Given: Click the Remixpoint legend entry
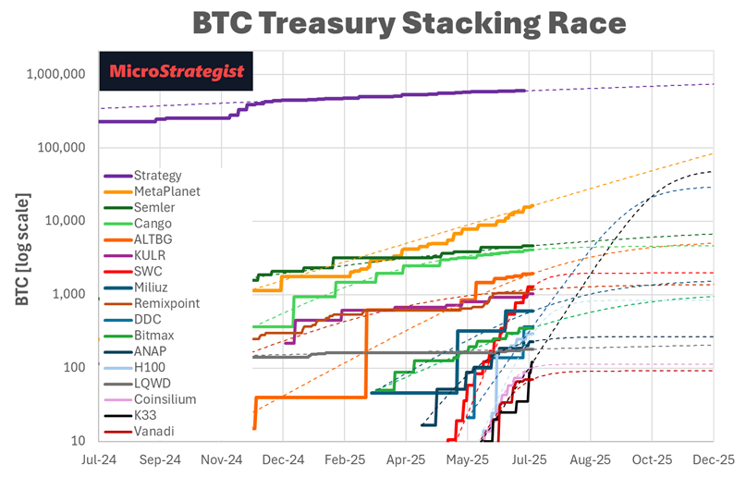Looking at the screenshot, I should click(165, 303).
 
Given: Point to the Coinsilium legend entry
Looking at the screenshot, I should click(165, 399).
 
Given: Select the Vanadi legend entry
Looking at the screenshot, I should click(153, 431).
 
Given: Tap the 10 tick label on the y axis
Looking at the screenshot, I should click(79, 440).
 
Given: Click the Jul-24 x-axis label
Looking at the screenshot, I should click(99, 459).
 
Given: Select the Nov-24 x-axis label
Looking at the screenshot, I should click(221, 459).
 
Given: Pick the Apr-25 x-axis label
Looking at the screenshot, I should click(406, 459).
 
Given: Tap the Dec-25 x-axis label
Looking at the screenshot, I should click(714, 459).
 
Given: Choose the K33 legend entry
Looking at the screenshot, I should click(145, 415).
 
